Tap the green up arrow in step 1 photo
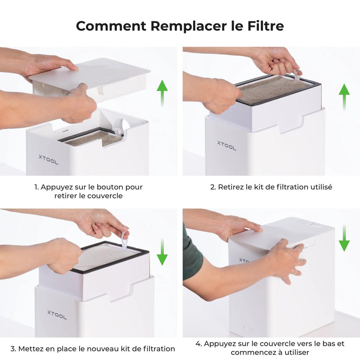pos(162,92)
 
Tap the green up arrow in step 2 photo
pos(344,97)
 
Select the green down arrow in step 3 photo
pos(162,252)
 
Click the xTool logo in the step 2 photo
pos(226,146)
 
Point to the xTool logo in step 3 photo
pos(57,315)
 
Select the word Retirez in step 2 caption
pos(231,187)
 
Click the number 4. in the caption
pos(199,344)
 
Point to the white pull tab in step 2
pos(297,75)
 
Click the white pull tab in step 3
pos(124,240)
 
